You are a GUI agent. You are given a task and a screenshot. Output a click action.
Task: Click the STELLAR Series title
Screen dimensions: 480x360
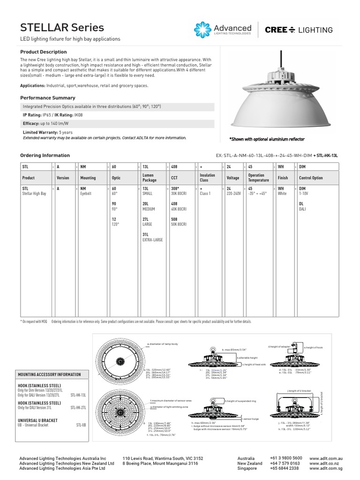click(62, 28)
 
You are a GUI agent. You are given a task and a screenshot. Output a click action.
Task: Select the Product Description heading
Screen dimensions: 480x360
click(44, 52)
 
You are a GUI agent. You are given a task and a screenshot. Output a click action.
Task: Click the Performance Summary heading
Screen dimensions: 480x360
click(48, 98)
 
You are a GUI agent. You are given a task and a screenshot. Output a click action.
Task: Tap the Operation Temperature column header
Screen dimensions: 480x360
click(259, 178)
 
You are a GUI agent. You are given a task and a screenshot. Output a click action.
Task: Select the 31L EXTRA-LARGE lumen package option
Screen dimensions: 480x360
click(152, 237)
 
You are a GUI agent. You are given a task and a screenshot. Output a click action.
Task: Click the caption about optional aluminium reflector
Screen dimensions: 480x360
click(267, 139)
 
